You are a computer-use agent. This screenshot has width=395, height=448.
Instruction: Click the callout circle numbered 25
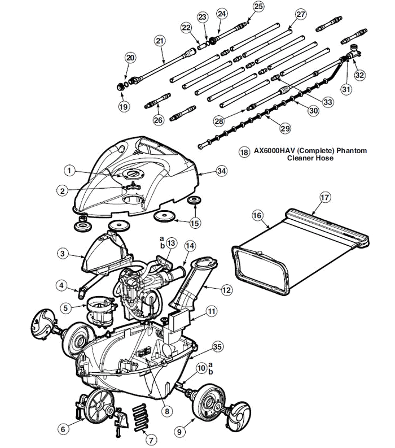pos(258,6)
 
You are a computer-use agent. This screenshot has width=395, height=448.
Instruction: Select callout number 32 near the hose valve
pos(359,74)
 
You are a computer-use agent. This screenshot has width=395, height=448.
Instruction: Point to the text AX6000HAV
pos(273,151)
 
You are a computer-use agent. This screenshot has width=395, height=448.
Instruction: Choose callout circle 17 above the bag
pos(324,197)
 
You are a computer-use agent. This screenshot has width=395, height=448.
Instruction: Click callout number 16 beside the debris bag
pos(257,216)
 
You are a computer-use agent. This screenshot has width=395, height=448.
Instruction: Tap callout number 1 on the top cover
pos(69,169)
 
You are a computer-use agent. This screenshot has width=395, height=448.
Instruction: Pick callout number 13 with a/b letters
pos(170,243)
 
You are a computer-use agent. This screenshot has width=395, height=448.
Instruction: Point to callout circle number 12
pos(226,290)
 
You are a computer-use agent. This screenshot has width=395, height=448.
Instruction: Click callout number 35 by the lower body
pos(217,347)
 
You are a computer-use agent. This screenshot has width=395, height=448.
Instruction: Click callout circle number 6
pos(64,429)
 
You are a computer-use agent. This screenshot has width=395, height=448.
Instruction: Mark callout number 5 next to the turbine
pos(66,308)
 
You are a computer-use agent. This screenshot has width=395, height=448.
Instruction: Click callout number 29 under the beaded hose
pos(285,129)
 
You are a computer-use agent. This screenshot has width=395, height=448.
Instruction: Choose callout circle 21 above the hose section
pos(159,41)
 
